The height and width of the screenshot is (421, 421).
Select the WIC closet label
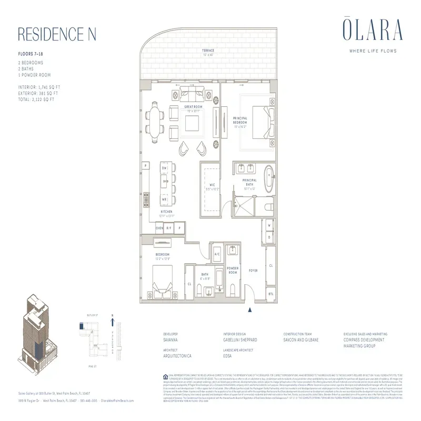coord(211,185)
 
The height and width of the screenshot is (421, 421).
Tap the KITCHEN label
coord(167,212)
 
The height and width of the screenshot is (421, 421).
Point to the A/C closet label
coord(216,255)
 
